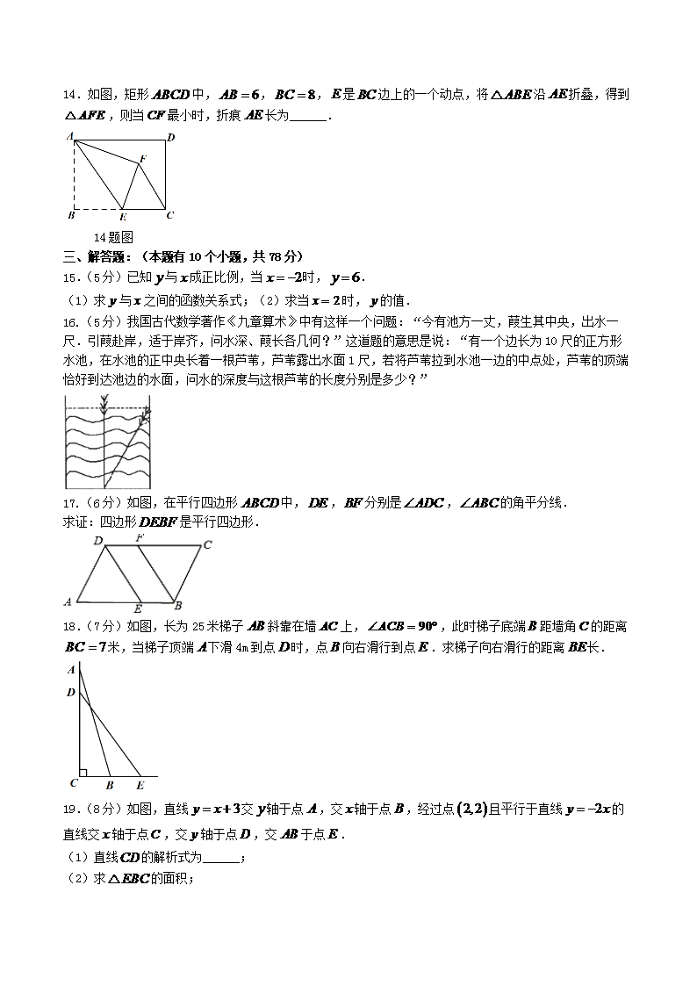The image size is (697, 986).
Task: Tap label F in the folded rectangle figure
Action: (x=142, y=158)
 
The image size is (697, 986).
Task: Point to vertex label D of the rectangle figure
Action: (x=170, y=137)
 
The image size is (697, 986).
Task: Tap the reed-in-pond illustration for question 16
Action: (x=108, y=443)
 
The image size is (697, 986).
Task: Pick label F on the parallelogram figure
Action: (x=140, y=537)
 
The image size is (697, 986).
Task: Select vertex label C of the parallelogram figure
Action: (x=207, y=544)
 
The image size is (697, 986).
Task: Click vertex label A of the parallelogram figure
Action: (x=68, y=601)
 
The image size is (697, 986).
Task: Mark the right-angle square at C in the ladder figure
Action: (x=83, y=773)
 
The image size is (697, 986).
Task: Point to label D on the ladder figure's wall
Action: (x=70, y=693)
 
